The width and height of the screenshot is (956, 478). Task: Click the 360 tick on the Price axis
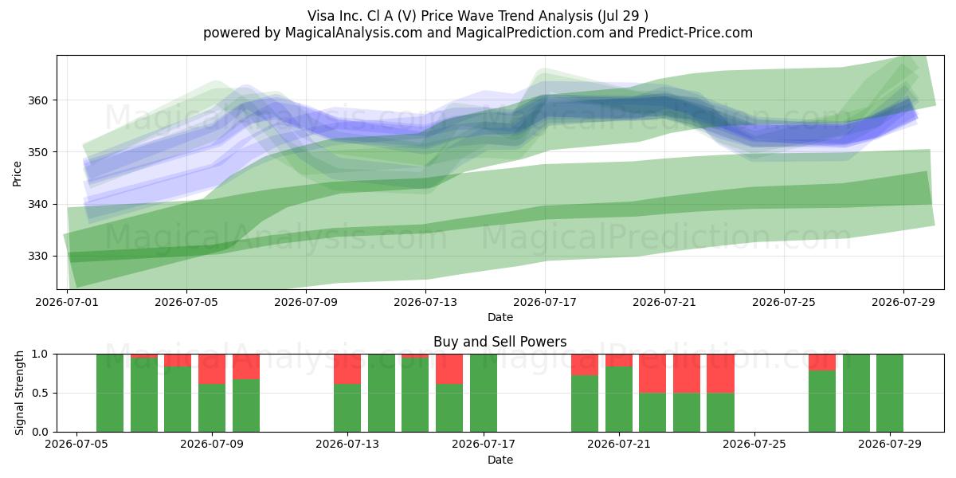tap(38, 100)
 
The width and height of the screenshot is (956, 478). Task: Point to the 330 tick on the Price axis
tap(38, 256)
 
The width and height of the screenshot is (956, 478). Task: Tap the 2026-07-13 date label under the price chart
tap(425, 303)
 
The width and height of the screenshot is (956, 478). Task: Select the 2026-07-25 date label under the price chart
tap(784, 303)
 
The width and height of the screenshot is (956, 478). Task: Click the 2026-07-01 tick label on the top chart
tap(67, 303)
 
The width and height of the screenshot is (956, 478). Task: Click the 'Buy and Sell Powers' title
tap(500, 342)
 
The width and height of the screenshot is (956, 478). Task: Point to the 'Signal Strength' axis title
tap(19, 393)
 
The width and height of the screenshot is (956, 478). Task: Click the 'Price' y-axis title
tap(17, 174)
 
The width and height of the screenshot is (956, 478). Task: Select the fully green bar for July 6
tap(110, 393)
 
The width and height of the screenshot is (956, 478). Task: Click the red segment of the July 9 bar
tap(212, 369)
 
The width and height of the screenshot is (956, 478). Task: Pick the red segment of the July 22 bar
tap(652, 374)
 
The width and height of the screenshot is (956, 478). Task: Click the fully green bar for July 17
tap(484, 393)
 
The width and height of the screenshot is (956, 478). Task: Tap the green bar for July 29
tap(890, 393)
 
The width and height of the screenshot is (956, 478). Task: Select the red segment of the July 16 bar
tap(449, 369)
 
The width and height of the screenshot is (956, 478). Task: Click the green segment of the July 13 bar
tap(347, 408)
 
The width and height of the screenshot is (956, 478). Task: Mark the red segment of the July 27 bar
tap(822, 362)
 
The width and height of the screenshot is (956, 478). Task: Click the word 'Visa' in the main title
tap(320, 16)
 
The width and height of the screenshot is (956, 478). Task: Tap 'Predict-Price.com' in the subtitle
tap(695, 33)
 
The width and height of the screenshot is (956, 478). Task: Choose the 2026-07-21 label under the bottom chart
tap(619, 445)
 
